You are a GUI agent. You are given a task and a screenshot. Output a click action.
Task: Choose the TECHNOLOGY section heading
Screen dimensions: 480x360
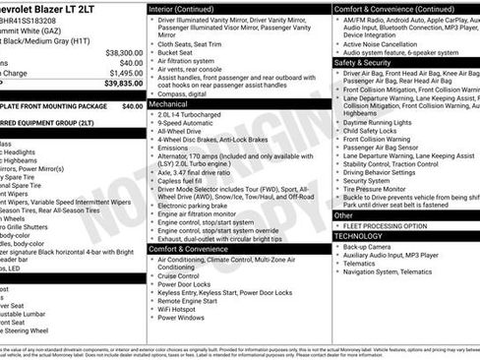click(370, 236)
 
